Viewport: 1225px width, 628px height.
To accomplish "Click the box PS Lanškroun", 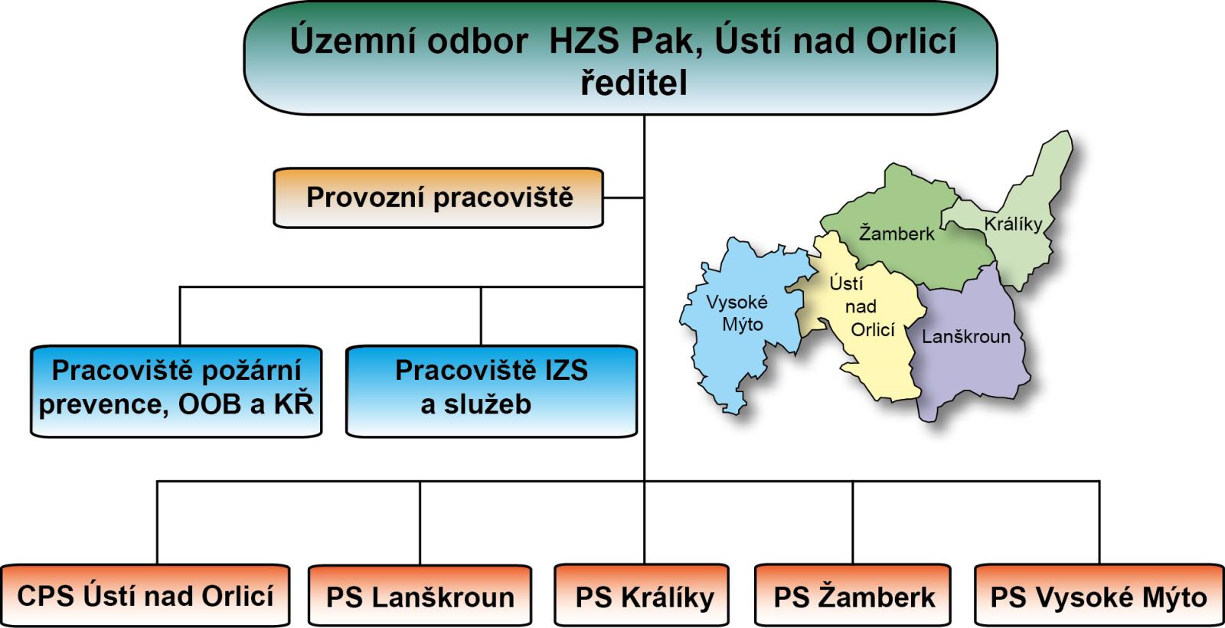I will (420, 597).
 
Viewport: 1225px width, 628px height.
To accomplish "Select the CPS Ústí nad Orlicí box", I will (145, 596).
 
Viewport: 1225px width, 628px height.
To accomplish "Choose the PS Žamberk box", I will (854, 597).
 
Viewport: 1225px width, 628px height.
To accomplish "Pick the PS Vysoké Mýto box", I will (1098, 597).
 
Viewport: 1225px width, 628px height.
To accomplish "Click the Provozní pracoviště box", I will (439, 198).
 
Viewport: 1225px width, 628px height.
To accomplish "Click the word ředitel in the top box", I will (633, 83).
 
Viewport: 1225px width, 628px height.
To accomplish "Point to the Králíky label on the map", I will (1013, 224).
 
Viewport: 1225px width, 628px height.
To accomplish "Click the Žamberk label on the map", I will (897, 234).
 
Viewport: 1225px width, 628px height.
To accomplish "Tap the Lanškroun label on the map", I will (965, 337).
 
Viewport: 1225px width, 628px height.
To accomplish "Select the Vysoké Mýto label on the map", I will (737, 312).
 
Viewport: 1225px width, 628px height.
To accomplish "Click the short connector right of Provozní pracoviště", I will (623, 198).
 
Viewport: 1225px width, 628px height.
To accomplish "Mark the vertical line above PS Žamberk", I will (853, 523).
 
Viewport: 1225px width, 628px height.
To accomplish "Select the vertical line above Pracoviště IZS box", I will (481, 316).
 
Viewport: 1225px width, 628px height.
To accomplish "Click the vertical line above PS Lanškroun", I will (420, 523).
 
